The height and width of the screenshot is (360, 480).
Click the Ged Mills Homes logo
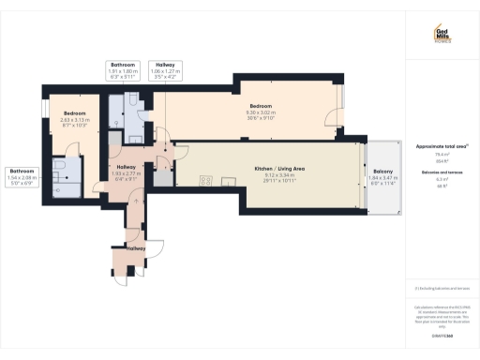point(442,36)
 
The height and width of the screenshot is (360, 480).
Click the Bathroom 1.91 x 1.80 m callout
point(125,68)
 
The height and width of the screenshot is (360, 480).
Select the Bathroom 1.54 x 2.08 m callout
point(22,175)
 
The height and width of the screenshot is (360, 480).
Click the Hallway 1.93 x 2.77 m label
point(125,170)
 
